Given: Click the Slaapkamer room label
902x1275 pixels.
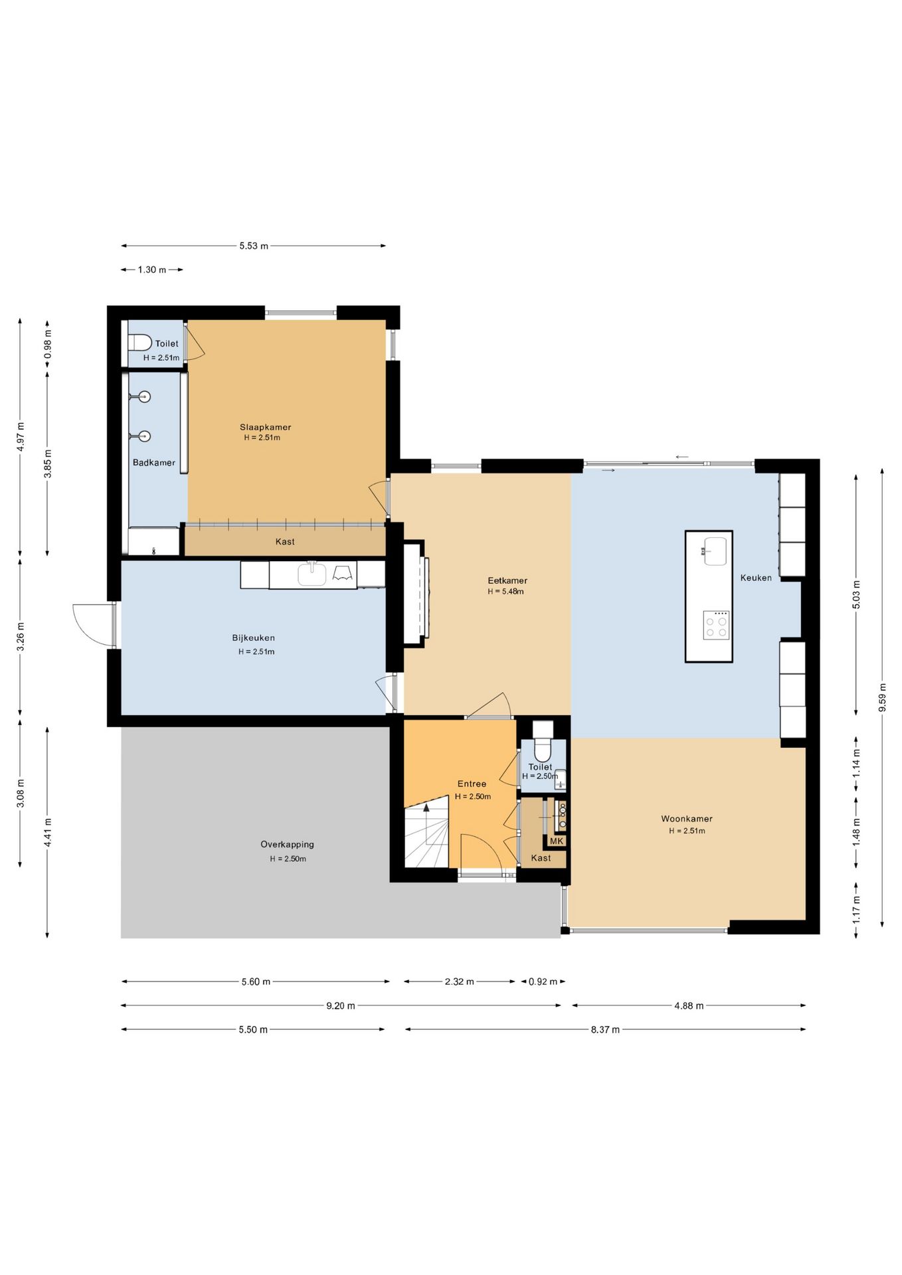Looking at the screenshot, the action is point(265,427).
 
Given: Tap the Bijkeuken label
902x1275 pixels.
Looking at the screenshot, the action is point(253,637).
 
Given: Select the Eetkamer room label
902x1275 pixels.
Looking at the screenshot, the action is point(507,580).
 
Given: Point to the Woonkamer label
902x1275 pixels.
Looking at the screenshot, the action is point(687,819).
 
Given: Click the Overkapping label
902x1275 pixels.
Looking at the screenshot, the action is point(287,845).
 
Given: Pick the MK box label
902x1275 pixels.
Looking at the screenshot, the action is point(557,841).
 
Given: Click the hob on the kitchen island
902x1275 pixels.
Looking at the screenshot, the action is point(716,625).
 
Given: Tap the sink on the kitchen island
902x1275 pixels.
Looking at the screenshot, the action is point(714,551).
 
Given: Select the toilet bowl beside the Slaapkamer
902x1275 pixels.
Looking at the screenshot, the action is point(140,343).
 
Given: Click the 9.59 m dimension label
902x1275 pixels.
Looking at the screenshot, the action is point(882,697).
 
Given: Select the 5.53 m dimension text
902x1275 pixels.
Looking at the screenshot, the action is point(254,246).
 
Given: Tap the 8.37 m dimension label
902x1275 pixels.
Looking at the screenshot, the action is point(605,1029).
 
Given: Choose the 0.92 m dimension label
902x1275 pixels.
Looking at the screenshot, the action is point(543,981).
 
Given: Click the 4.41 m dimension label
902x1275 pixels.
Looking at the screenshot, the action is point(47,832).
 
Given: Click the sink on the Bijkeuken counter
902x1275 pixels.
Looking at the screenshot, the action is point(312,574).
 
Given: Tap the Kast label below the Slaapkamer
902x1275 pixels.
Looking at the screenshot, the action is point(285,542).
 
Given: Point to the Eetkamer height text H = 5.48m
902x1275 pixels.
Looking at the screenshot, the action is point(505,592).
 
